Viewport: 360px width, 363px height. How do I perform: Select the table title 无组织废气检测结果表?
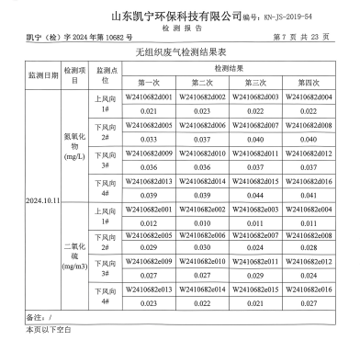(x=180, y=54)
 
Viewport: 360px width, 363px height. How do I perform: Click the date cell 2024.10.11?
(x=41, y=199)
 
